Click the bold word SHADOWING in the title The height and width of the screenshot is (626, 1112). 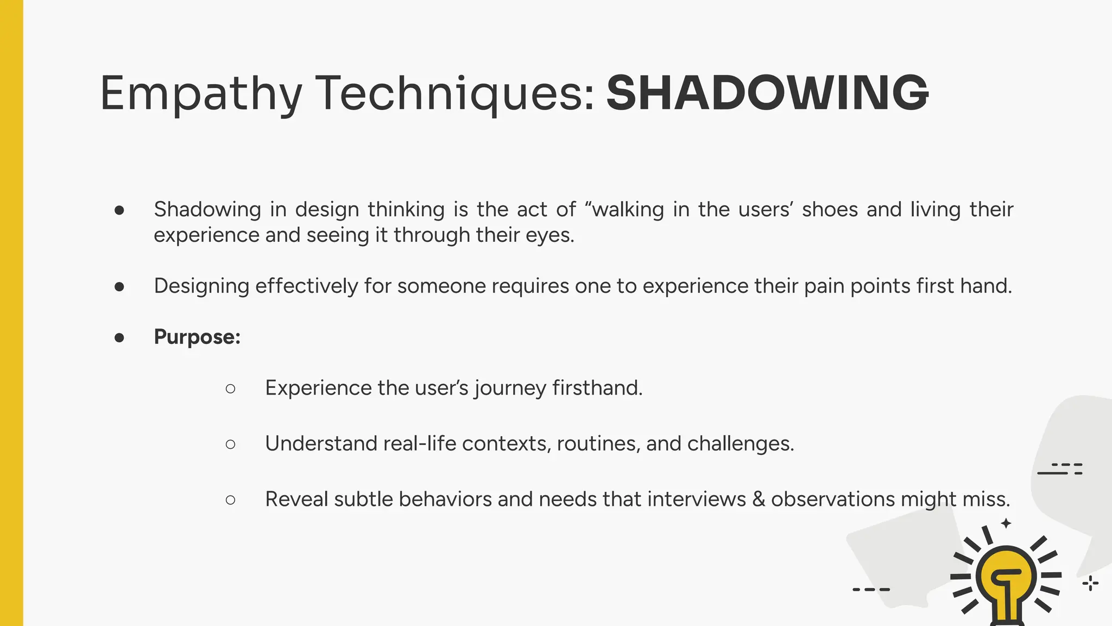pyautogui.click(x=767, y=93)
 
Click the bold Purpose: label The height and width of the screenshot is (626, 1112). pyautogui.click(x=197, y=337)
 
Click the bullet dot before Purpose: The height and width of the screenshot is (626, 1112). pyautogui.click(x=119, y=337)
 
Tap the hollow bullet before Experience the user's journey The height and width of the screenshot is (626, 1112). pyautogui.click(x=230, y=389)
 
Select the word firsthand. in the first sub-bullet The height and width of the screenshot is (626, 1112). pyautogui.click(x=597, y=388)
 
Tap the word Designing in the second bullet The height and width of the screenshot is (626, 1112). pyautogui.click(x=201, y=286)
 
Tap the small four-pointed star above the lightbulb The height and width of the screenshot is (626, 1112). pyautogui.click(x=1006, y=523)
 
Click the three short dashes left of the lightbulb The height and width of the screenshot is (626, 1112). pyautogui.click(x=871, y=589)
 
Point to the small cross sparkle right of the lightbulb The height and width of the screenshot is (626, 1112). pyautogui.click(x=1090, y=584)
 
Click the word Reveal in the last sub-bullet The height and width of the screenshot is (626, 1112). pyautogui.click(x=296, y=499)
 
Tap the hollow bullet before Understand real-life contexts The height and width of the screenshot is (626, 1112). pyautogui.click(x=230, y=444)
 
